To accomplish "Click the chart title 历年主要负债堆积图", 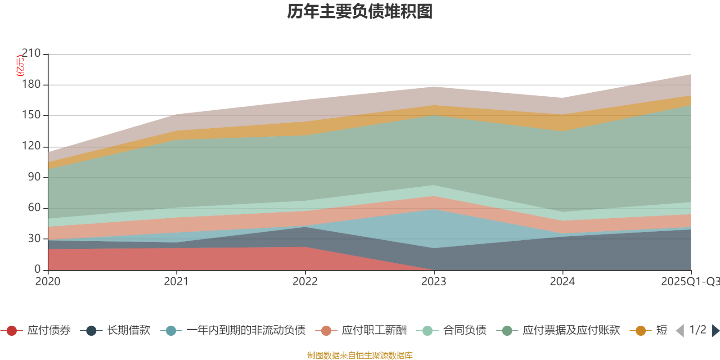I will pos(360,12).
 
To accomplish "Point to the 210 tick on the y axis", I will pos(31,54).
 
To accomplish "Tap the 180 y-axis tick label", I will pos(31,85).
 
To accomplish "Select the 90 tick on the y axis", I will pos(34,177).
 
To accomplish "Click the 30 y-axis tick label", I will pos(34,238).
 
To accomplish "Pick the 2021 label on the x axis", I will pos(176,282).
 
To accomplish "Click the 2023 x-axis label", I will pos(434,282).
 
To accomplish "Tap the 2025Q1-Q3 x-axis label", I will pos(690,282).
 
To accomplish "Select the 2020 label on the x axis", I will pos(48,282).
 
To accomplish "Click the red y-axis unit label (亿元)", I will pos(20,66).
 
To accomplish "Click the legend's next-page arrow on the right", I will pos(715,331).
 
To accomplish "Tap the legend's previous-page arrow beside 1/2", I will pos(680,331).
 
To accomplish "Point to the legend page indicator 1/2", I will pos(697,330).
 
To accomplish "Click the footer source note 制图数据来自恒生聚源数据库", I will pos(360,355).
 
